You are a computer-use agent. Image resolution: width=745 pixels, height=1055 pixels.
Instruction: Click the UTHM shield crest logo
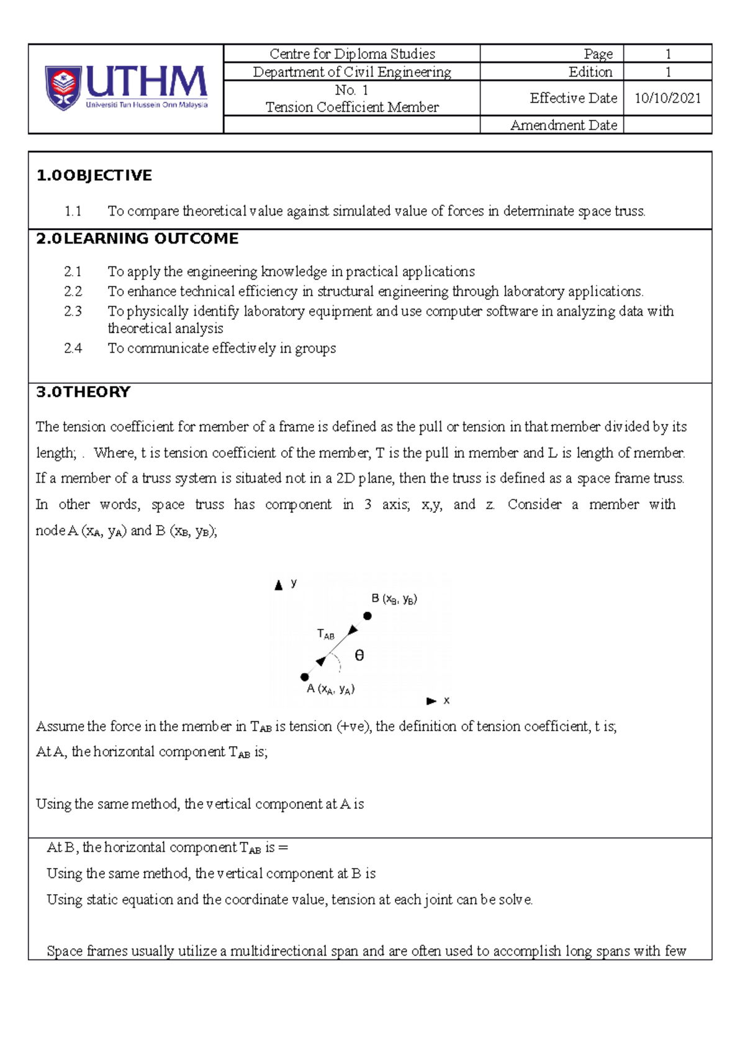[x=62, y=88]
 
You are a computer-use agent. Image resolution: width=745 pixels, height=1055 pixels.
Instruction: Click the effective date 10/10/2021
[x=667, y=98]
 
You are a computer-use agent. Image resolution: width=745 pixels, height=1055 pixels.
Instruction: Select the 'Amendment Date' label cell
[x=563, y=125]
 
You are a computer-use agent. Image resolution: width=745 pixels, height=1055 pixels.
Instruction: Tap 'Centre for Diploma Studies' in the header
[x=352, y=54]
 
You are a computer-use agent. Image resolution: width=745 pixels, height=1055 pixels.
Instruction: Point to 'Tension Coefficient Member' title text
[x=352, y=107]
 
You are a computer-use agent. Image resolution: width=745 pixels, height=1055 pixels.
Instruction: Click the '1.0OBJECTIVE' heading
[x=94, y=175]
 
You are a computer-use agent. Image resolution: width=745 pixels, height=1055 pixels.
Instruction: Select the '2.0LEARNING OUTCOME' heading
[x=137, y=239]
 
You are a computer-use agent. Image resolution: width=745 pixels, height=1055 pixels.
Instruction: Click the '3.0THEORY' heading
[x=83, y=392]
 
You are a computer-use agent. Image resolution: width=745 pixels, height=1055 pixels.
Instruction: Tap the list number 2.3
[x=73, y=311]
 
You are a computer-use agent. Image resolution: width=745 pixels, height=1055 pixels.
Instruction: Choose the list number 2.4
[x=73, y=349]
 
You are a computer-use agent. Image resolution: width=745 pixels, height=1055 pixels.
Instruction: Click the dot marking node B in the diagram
[x=368, y=616]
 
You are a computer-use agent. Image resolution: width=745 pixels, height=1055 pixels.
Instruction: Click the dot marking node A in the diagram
[x=305, y=677]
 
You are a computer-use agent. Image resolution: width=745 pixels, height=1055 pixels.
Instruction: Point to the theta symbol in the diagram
[x=359, y=655]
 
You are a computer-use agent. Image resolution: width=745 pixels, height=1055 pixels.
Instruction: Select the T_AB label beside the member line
[x=325, y=634]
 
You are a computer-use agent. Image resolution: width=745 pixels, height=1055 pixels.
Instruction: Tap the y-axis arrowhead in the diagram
[x=279, y=585]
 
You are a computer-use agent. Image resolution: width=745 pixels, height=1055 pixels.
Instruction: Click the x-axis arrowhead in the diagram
[x=431, y=701]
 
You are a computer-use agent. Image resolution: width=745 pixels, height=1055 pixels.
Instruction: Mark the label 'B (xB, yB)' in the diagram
[x=394, y=599]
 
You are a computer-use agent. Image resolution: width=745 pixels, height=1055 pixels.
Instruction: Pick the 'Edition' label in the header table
[x=590, y=72]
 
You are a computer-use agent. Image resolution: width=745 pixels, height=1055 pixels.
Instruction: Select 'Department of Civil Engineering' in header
[x=352, y=72]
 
